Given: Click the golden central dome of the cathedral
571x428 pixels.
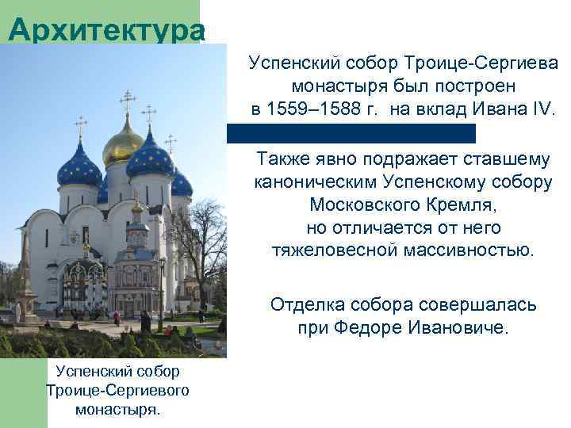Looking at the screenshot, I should pos(123,145).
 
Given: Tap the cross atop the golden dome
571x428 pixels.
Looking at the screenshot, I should pos(126,101).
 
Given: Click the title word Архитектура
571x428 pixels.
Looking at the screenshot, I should pos(107,30).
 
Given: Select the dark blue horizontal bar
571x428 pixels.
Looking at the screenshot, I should pos(351,133).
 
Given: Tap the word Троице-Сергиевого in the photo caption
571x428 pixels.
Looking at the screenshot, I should pos(117,391).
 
